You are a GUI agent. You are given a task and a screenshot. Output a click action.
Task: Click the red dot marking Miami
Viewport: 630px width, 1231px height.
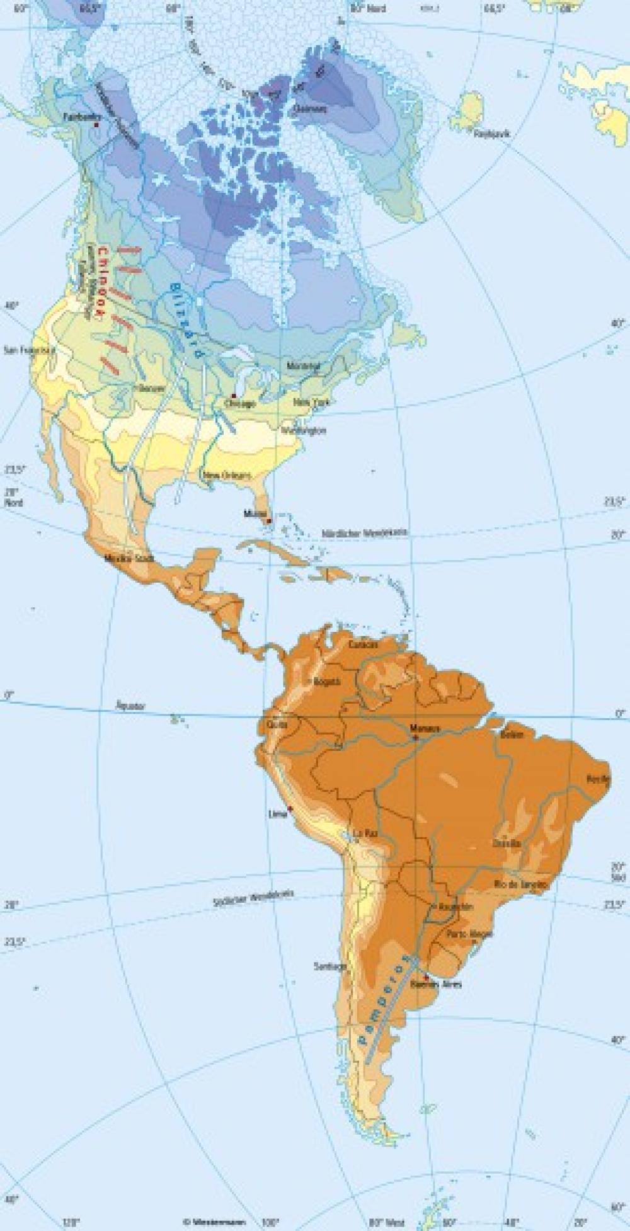tap(269, 521)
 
